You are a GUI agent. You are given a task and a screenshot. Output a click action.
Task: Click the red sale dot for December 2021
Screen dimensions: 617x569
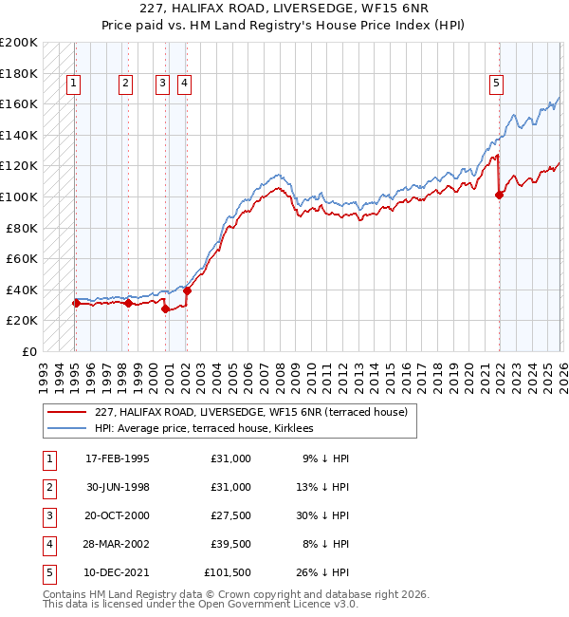pyautogui.click(x=500, y=196)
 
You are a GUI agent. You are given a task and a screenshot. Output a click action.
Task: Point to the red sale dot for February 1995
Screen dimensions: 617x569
pyautogui.click(x=76, y=304)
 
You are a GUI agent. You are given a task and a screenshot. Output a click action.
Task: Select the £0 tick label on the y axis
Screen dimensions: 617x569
pyautogui.click(x=29, y=351)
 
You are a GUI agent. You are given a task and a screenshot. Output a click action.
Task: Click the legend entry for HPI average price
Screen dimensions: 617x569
pyautogui.click(x=210, y=429)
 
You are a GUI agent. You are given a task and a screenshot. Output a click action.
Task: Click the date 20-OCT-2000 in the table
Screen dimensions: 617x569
pyautogui.click(x=117, y=515)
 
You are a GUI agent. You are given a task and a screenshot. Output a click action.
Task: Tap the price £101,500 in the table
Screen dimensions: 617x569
pyautogui.click(x=228, y=572)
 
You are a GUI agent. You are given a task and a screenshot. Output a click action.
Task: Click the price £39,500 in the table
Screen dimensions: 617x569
pyautogui.click(x=230, y=544)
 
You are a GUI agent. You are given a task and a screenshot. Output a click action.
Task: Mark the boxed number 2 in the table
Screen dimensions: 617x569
pyautogui.click(x=47, y=487)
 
